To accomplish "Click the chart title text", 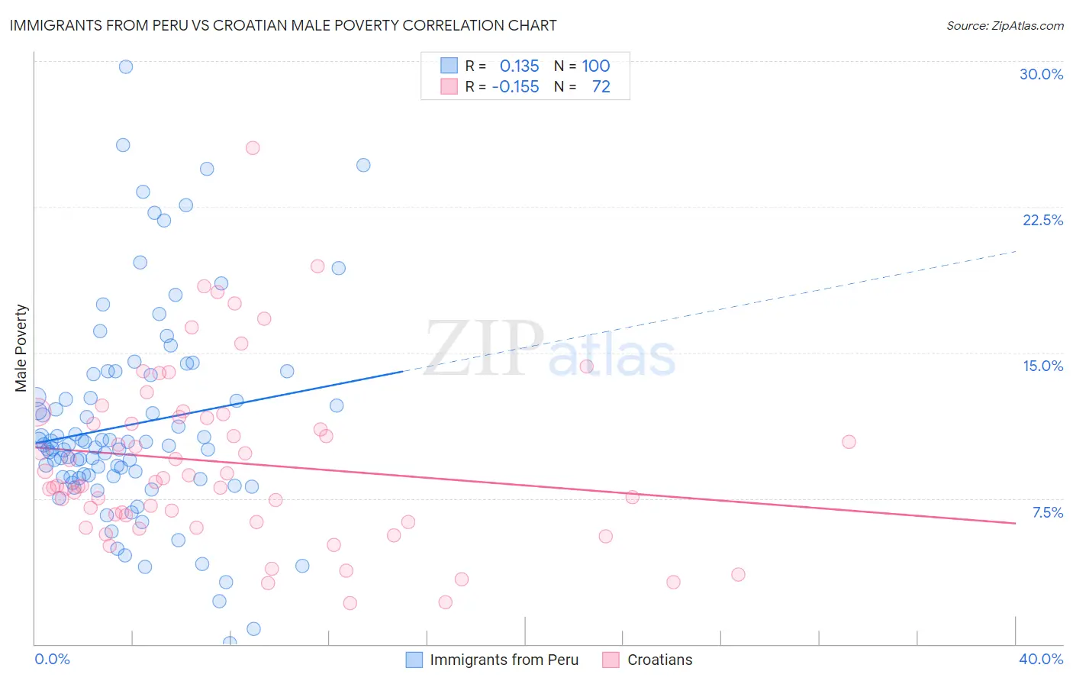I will [x=283, y=25].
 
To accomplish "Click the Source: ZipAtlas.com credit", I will [x=1004, y=25].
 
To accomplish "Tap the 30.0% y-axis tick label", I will [x=1041, y=74].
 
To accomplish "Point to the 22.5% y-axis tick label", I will [x=1042, y=220].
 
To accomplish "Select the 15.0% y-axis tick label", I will [x=1042, y=366].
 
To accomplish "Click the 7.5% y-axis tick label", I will [x=1047, y=512].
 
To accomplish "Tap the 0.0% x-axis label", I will [x=52, y=659].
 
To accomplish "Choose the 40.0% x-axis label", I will [x=1040, y=659].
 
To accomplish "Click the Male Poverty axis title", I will [x=21, y=348].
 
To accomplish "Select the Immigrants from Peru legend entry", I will [x=504, y=660].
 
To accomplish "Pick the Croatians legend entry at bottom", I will [x=659, y=660].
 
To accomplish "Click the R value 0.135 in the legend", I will [x=519, y=66].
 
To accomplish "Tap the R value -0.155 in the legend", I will [x=515, y=87].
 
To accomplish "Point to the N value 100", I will [x=595, y=66].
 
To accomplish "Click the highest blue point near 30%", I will [x=126, y=66].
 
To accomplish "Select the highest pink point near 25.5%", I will [x=253, y=148].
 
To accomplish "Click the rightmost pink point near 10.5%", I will [x=849, y=442].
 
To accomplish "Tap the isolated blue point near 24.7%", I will [x=363, y=165].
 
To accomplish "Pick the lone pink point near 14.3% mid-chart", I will [x=586, y=366].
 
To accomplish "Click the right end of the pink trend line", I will [x=1015, y=523].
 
